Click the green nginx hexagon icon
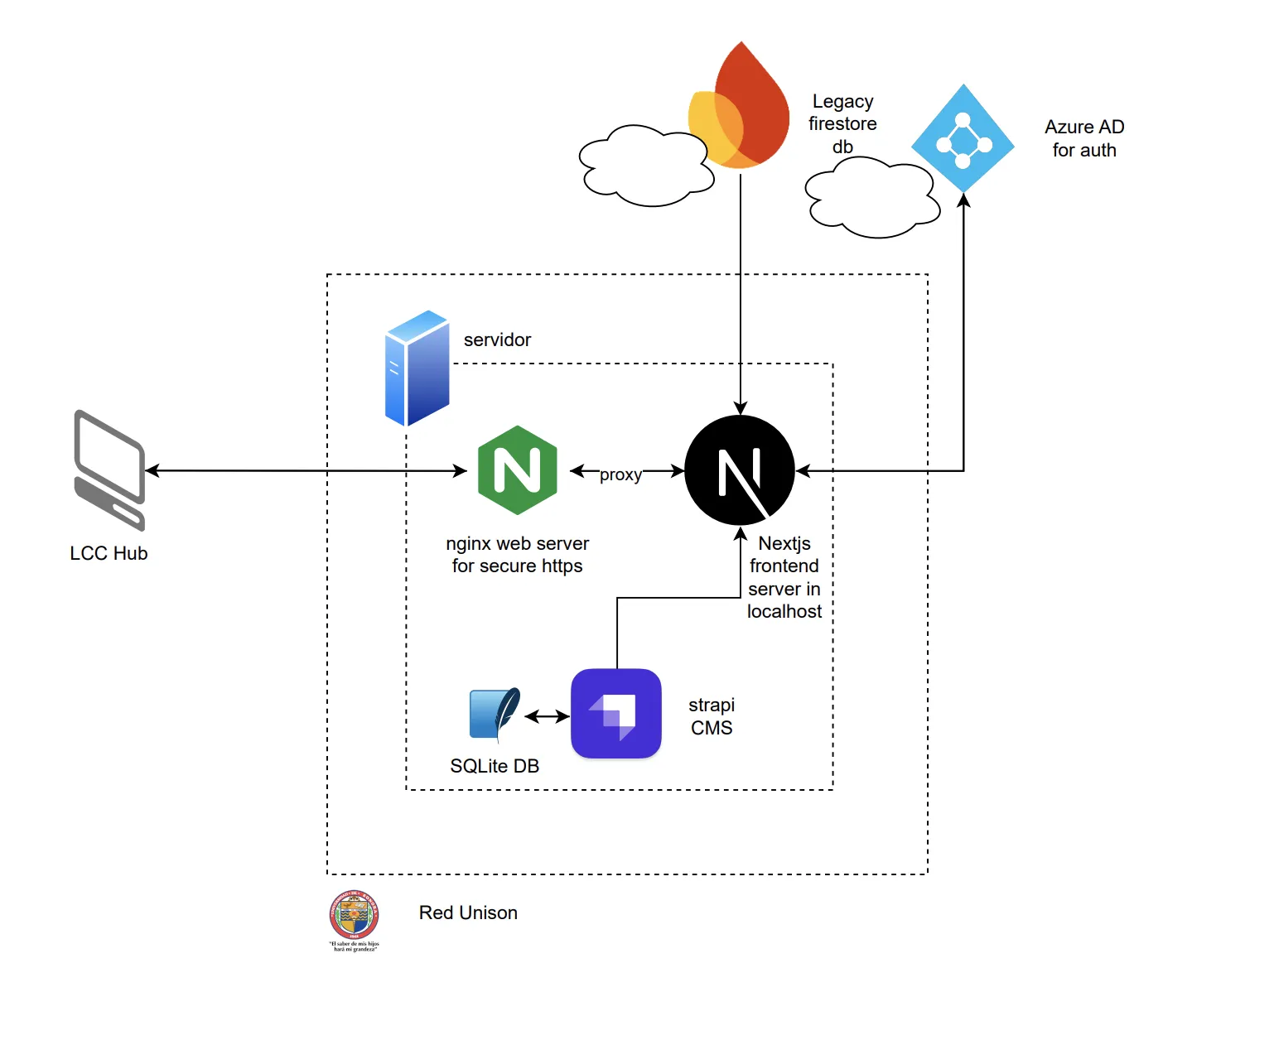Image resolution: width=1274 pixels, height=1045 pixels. coord(518,470)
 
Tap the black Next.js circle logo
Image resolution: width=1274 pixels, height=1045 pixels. coord(740,470)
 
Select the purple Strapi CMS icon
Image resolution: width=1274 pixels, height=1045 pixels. coord(616,714)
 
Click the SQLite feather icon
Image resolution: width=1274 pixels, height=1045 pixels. coord(495,714)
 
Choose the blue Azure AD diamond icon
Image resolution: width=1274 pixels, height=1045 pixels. coord(963,138)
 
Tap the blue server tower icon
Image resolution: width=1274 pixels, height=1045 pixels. coord(417,368)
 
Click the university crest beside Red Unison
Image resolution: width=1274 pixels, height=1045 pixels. coord(355,916)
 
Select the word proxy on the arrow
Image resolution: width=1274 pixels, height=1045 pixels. coord(620,474)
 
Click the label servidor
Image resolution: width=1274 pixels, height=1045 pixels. coord(497,340)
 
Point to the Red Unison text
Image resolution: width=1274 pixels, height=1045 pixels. coord(468,913)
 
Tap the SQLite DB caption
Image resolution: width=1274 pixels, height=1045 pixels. coord(495,766)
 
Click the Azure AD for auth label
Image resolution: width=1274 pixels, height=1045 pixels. coord(1084,138)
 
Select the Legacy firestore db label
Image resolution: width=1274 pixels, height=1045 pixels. coord(842,123)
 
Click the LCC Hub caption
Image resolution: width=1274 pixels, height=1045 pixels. coord(109,553)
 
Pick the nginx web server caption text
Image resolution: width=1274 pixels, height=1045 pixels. coord(517,554)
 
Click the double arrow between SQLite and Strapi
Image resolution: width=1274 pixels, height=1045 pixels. coord(547,716)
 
